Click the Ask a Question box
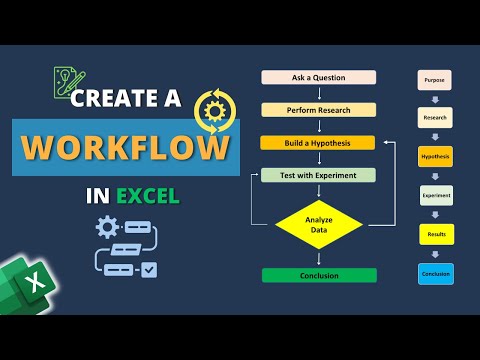coord(318,77)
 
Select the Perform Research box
coord(318,109)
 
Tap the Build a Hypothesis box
coord(318,142)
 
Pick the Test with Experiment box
coord(318,175)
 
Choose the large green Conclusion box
coord(318,275)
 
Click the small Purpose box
coord(435,79)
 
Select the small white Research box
coord(435,118)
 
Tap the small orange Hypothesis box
coord(435,157)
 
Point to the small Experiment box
coord(435,196)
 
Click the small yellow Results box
coord(435,235)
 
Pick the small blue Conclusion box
coord(435,273)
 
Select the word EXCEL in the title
coord(149,193)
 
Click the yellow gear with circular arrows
coord(216,109)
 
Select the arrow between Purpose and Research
coord(435,99)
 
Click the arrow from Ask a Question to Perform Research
coord(318,93)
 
